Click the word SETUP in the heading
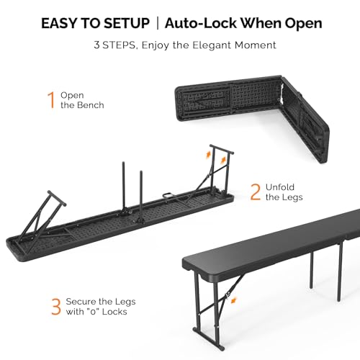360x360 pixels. coord(127,23)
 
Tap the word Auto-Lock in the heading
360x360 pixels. coord(201,23)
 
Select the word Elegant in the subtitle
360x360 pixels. coord(212,45)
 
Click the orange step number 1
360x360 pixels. coord(51,100)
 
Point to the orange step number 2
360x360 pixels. coord(256,192)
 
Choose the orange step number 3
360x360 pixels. coord(56,307)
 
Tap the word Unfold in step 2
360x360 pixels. coord(280,187)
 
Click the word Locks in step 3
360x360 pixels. coord(114,312)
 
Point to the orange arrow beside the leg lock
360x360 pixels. coord(233,300)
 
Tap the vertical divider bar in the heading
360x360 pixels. coord(158,23)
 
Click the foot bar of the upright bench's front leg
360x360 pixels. coord(209,338)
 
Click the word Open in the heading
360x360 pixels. coord(303,24)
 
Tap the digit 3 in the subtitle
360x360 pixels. coord(96,45)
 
